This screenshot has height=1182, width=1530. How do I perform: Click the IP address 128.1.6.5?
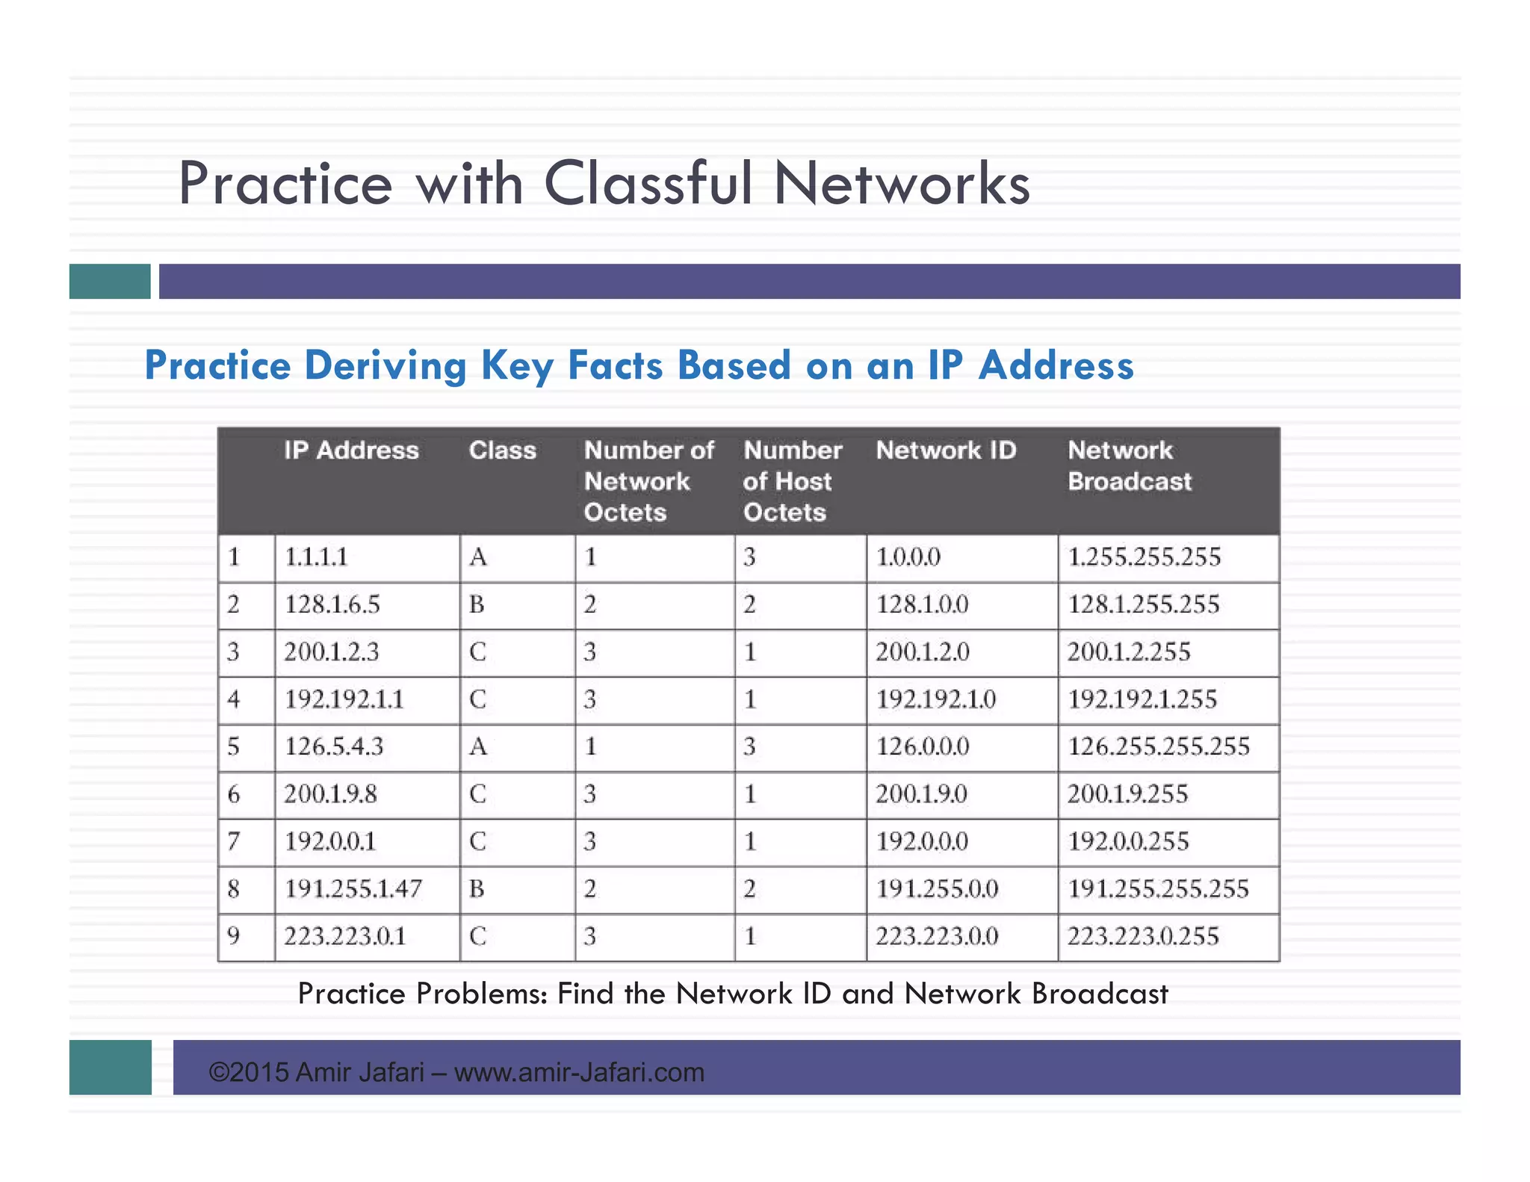tap(332, 604)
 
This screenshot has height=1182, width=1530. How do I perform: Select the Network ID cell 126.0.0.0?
tap(923, 746)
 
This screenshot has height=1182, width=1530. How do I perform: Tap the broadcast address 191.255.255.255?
tap(1158, 889)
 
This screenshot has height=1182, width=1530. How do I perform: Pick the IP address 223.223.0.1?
tap(345, 936)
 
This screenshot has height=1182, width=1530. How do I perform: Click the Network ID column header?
tap(946, 451)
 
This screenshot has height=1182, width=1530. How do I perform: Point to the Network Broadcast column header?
tap(1130, 465)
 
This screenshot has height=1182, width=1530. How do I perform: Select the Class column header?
tap(502, 451)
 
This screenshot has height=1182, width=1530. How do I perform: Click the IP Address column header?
tap(351, 451)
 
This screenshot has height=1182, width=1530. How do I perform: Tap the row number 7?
tap(234, 842)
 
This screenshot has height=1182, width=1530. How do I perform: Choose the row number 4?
tap(234, 700)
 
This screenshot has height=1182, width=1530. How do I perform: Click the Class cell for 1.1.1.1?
tap(478, 557)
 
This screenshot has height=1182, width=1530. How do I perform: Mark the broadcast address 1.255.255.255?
tap(1144, 557)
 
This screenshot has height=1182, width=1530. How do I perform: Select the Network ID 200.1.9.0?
tap(921, 794)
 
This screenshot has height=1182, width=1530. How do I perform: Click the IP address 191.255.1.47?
tap(353, 889)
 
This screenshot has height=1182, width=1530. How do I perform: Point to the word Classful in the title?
tap(648, 184)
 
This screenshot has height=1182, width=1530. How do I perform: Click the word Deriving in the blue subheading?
tap(385, 366)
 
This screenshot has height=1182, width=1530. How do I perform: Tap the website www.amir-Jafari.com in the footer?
tap(579, 1073)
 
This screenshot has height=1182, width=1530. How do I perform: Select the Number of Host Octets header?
tap(792, 481)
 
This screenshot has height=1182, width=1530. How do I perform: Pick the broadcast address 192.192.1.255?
tap(1142, 700)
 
